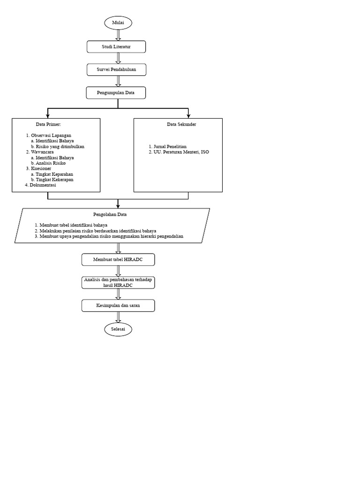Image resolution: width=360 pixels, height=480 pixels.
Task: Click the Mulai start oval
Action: click(x=118, y=23)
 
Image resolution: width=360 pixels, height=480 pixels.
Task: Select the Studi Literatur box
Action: click(x=116, y=46)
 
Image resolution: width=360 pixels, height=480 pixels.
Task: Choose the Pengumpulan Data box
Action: click(x=116, y=93)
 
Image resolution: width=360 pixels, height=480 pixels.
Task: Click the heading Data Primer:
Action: click(x=48, y=124)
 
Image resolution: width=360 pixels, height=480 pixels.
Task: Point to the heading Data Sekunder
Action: click(x=181, y=124)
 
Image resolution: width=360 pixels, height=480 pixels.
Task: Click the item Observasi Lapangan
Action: click(x=51, y=135)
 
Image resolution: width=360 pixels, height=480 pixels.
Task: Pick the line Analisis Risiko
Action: click(x=51, y=163)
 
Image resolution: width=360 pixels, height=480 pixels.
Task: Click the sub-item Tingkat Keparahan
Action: click(x=54, y=174)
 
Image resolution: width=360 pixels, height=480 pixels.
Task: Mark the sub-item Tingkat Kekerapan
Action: click(x=54, y=180)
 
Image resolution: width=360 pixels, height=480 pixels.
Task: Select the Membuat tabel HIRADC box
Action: click(x=118, y=259)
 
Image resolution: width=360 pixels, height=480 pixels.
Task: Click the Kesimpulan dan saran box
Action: click(x=118, y=306)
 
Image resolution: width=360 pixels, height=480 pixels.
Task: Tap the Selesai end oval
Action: click(x=118, y=330)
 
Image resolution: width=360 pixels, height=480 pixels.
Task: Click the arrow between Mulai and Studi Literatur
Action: click(x=118, y=35)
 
